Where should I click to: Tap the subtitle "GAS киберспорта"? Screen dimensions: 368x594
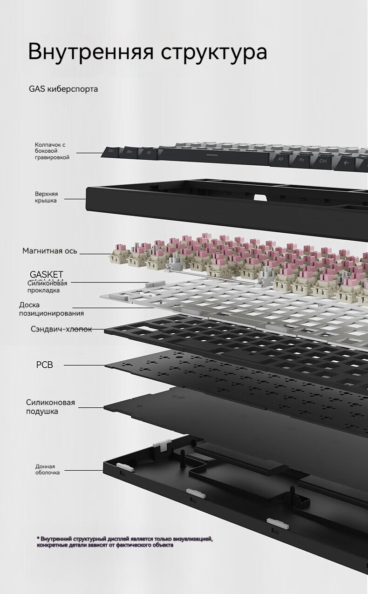(x=63, y=88)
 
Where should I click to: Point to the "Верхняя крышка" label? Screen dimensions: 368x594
(x=46, y=197)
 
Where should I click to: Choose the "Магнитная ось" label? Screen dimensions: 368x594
(x=50, y=251)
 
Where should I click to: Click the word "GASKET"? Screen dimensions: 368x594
(x=47, y=274)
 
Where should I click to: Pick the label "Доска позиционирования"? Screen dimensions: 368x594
(x=51, y=309)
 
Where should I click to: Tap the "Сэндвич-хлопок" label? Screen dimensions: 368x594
(x=61, y=329)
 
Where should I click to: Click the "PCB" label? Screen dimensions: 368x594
(x=45, y=364)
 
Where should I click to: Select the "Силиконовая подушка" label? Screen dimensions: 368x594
(x=50, y=407)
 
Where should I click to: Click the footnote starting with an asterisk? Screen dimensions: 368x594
(x=125, y=541)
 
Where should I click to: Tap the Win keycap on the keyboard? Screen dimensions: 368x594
(x=129, y=151)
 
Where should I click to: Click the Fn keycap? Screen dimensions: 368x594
(x=302, y=160)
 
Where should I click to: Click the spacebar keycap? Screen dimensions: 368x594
(x=212, y=154)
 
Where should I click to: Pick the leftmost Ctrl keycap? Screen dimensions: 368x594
(x=111, y=150)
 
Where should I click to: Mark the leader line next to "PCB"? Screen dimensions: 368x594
(x=84, y=365)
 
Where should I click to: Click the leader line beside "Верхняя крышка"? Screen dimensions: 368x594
(x=75, y=199)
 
